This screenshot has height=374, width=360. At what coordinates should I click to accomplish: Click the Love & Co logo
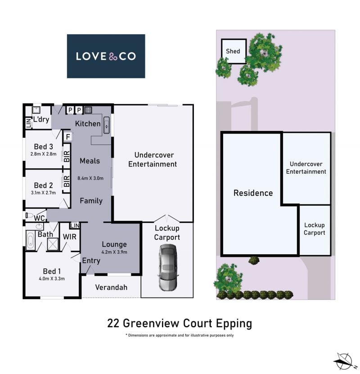tap(106, 56)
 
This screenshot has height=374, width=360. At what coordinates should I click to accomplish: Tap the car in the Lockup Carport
tap(168, 267)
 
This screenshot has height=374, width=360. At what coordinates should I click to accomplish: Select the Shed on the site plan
tap(234, 51)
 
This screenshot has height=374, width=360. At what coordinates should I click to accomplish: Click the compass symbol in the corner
tap(344, 361)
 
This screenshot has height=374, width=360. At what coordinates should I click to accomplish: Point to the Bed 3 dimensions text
tap(43, 154)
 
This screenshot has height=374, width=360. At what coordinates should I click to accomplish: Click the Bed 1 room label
tap(52, 271)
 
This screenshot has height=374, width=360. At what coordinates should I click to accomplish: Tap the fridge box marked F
tap(68, 137)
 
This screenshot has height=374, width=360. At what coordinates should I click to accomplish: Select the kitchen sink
tap(106, 125)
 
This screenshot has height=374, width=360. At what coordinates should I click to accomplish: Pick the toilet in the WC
tap(29, 215)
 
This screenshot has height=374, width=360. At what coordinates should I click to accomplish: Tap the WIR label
tap(70, 237)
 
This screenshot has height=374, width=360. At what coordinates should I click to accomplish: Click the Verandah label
tap(111, 288)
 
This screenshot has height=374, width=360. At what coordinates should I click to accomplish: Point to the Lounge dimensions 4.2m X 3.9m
tap(114, 252)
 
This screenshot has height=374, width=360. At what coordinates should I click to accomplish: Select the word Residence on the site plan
tap(253, 193)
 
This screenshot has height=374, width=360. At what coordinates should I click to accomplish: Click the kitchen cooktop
tap(88, 110)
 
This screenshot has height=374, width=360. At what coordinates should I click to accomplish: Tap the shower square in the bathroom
tap(53, 244)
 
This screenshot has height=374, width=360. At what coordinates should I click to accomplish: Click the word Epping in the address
tap(234, 324)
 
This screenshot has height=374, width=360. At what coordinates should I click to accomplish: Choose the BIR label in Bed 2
tap(67, 181)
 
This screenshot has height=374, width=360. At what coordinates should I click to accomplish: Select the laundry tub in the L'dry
tap(36, 110)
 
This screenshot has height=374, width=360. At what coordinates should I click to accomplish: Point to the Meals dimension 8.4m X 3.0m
tap(90, 178)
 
